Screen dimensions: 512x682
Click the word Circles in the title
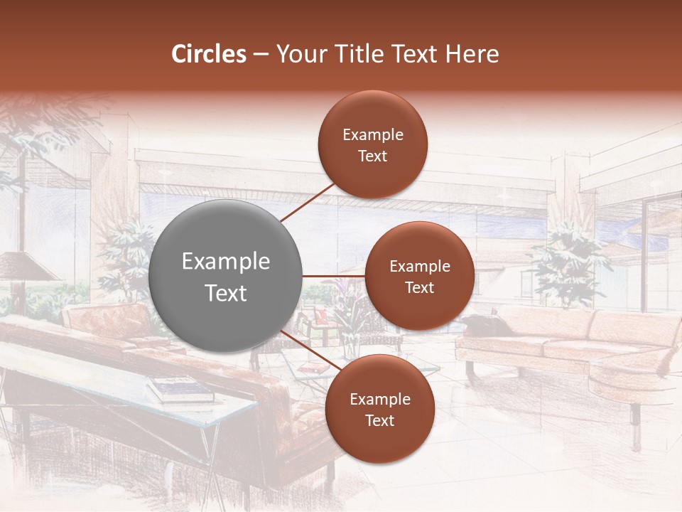coord(209,54)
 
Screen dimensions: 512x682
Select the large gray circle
coord(225,276)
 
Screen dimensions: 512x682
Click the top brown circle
coord(372,144)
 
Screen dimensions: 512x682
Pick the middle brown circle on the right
coord(419,276)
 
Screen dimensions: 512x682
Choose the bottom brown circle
coord(379,409)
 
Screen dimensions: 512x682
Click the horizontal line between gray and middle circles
coord(333,276)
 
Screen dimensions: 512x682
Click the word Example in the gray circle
coord(225,262)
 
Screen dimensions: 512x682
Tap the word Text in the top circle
coord(372,156)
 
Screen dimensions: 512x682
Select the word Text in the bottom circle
coord(379,420)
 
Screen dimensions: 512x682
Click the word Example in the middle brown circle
coord(419,267)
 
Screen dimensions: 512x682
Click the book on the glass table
coord(179,388)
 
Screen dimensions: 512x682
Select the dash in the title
coord(261,55)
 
